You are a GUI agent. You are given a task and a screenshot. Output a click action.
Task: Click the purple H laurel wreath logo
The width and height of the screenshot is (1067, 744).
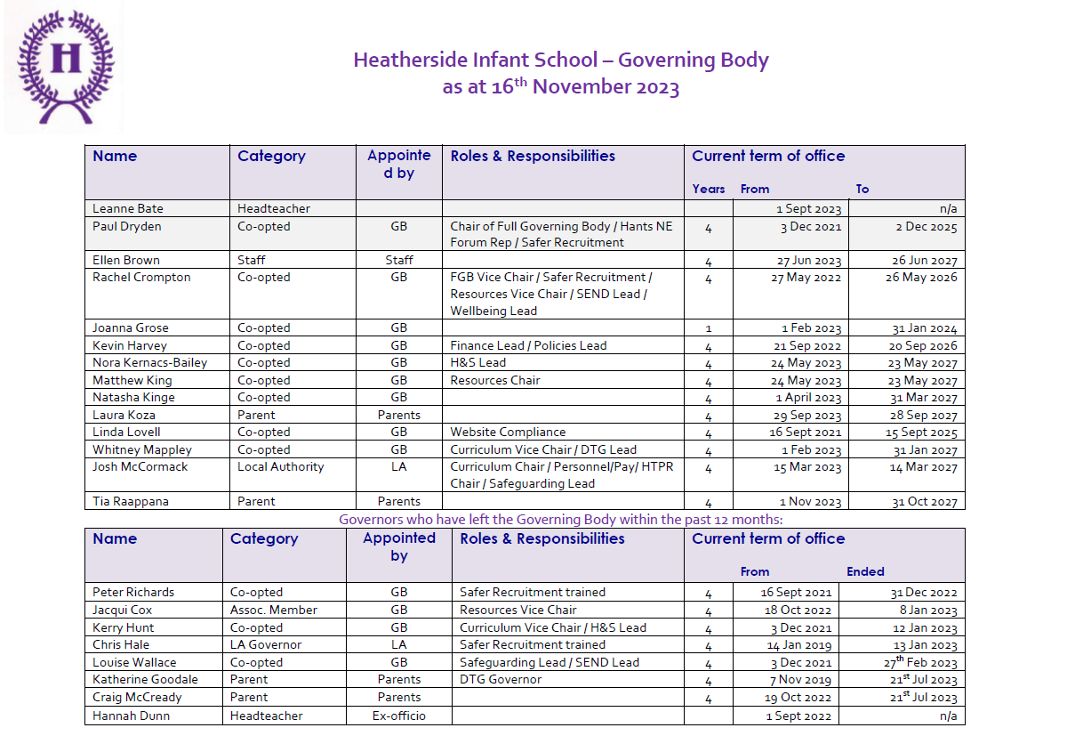(64, 68)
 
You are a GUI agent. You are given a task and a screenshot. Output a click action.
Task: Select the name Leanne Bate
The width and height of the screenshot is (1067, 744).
(128, 208)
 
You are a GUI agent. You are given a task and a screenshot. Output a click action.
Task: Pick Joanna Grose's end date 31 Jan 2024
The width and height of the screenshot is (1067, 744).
(925, 328)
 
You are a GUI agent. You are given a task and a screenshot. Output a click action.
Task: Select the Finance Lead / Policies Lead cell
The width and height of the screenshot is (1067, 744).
(528, 345)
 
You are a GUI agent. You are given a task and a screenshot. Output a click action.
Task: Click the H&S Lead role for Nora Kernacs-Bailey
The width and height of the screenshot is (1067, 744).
(477, 363)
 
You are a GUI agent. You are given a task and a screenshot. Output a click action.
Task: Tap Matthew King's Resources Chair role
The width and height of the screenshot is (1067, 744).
(495, 380)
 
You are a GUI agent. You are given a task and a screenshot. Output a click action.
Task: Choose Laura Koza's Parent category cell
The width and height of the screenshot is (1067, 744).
(256, 415)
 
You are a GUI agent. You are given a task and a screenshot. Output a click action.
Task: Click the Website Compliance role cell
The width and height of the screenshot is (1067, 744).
(508, 433)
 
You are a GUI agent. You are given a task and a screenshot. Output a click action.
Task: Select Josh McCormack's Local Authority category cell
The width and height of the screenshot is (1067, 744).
(280, 466)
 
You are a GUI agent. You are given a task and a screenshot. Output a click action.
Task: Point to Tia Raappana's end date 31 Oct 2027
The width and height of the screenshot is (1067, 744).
(925, 501)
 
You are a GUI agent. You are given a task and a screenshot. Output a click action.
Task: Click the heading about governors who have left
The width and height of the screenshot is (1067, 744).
(560, 519)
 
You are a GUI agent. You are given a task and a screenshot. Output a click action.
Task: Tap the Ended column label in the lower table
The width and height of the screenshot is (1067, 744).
(865, 571)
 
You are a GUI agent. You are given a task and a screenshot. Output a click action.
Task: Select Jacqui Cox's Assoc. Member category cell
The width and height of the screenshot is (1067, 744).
(274, 610)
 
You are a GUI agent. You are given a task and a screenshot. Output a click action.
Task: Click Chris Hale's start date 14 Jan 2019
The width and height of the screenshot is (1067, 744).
(798, 645)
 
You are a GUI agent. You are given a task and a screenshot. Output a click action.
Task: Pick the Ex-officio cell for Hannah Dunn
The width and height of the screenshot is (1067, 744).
(398, 716)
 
